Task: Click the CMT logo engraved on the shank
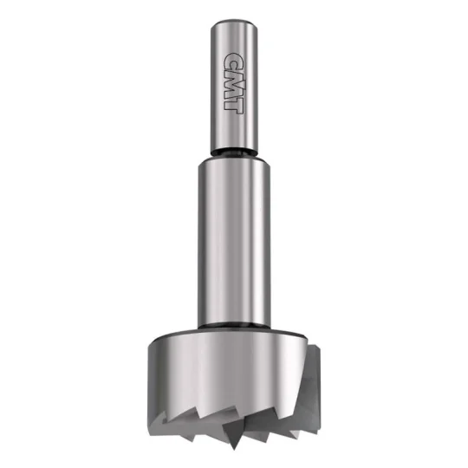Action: [x=234, y=83]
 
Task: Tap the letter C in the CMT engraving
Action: [x=233, y=62]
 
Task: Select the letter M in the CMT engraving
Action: [x=234, y=84]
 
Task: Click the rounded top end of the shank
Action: [x=234, y=24]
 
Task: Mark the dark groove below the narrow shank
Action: [x=234, y=153]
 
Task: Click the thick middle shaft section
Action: [x=234, y=242]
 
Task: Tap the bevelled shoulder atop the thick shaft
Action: [x=234, y=161]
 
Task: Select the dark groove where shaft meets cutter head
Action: [x=234, y=326]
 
